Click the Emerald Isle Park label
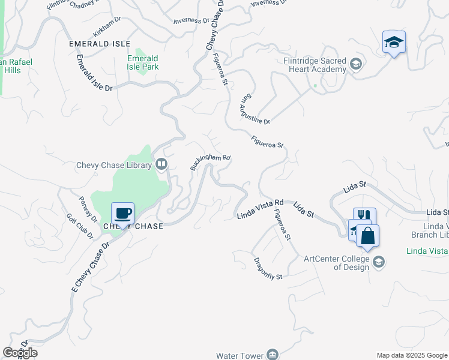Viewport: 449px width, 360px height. (143, 62)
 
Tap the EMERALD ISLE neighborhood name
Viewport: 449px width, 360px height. (100, 44)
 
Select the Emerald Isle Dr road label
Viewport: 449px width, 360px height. (94, 74)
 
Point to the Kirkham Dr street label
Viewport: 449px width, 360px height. (107, 27)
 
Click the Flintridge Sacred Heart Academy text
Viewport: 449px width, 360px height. (315, 65)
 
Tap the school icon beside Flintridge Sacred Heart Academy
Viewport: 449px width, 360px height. (356, 64)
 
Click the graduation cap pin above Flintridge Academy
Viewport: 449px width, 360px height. (394, 43)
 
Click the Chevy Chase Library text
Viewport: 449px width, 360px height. (113, 166)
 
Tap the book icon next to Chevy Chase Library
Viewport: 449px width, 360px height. (161, 164)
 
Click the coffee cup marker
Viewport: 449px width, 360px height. (123, 214)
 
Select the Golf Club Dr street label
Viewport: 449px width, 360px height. (80, 226)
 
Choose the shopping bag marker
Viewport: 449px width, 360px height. (368, 236)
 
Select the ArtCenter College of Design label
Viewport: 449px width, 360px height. (336, 263)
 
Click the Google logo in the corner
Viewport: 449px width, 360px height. (20, 353)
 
